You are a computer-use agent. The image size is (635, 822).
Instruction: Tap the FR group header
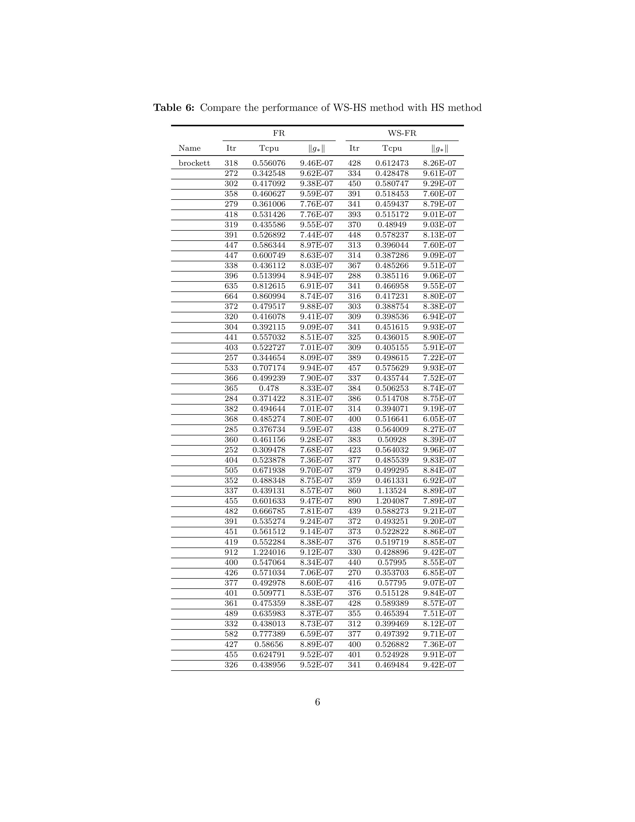tap(279, 133)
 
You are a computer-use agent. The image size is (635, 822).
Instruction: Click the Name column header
tap(190, 148)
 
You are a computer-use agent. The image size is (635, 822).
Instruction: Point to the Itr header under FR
tap(231, 148)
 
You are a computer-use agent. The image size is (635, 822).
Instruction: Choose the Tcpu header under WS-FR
tap(392, 148)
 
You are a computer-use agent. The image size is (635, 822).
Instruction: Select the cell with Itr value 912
tap(231, 552)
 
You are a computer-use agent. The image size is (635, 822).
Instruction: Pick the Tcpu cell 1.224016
tap(269, 552)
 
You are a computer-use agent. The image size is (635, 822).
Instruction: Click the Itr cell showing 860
tap(354, 491)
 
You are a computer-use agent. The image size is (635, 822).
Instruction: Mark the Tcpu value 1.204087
tap(392, 501)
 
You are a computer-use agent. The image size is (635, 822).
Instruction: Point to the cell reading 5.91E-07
tap(439, 347)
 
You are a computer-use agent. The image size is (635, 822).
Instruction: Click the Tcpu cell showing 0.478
tap(269, 388)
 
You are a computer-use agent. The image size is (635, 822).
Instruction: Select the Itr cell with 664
tap(231, 296)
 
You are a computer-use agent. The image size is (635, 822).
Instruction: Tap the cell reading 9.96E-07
tap(439, 450)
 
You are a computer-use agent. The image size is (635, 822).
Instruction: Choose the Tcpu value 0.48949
tap(392, 225)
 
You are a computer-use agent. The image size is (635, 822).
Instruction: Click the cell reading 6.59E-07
tap(316, 634)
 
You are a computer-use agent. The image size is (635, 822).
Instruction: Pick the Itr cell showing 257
tap(231, 357)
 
